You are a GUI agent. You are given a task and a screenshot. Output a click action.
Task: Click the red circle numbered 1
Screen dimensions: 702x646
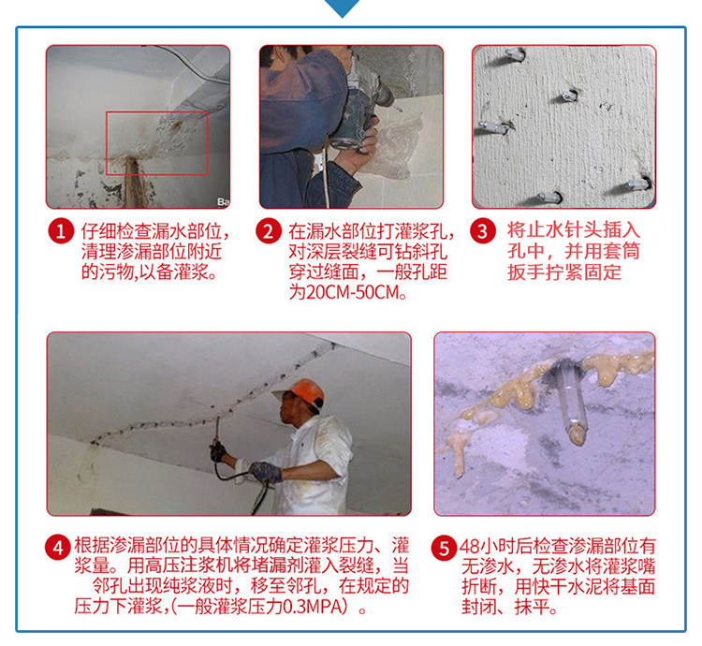point(61,231)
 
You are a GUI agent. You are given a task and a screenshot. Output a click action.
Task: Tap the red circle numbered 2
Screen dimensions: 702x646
point(269,231)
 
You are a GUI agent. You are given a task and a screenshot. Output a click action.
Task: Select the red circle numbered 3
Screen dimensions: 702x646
point(483,231)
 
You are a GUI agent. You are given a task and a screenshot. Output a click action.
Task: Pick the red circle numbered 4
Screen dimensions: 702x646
point(58,548)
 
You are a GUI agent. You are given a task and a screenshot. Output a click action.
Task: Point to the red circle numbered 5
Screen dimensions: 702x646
point(444,548)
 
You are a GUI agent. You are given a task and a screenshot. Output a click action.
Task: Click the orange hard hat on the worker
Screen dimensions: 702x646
point(300,391)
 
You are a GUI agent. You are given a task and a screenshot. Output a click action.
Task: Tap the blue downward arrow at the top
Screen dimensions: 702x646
point(343,7)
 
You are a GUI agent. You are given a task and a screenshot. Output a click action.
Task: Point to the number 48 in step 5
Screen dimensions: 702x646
point(470,546)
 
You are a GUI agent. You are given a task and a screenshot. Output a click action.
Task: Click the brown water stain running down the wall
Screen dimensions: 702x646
point(132,182)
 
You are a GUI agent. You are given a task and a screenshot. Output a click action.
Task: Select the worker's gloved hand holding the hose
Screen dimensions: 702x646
point(266,472)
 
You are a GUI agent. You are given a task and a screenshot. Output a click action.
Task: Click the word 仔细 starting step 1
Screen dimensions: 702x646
point(98,231)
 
